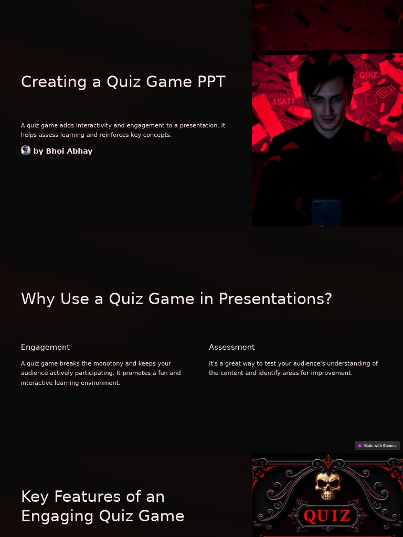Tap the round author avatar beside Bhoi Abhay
(26, 151)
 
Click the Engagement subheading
(45, 347)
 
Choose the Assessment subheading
(231, 347)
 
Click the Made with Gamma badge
(377, 446)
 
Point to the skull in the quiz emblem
(328, 486)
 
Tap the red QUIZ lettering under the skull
(327, 516)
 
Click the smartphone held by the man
(326, 212)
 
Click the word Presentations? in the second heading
(275, 299)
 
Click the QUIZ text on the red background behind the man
(368, 75)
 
